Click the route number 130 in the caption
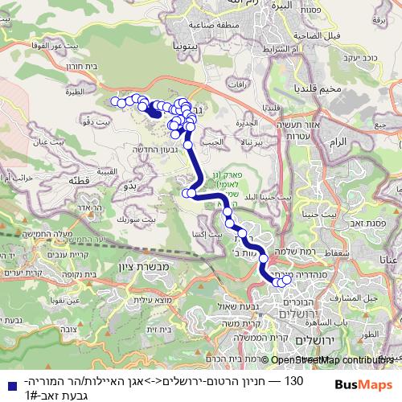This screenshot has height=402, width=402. (293, 378)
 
